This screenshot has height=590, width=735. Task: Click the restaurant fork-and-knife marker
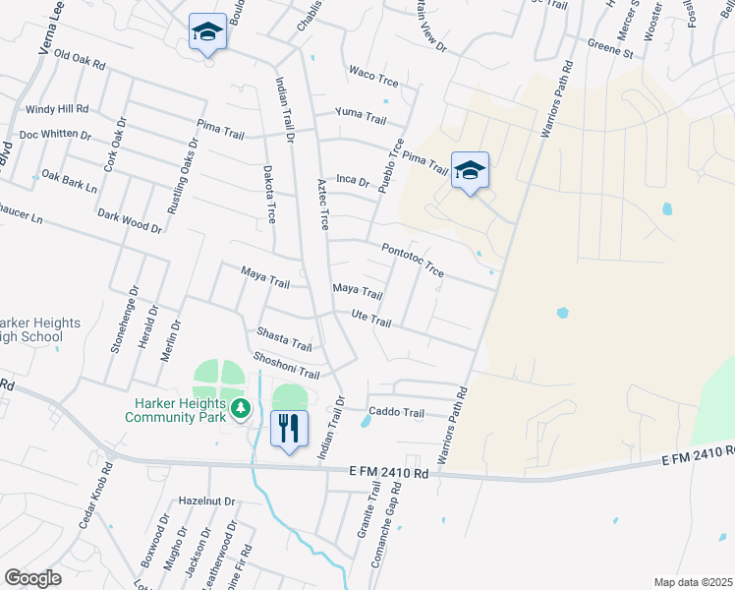point(289,429)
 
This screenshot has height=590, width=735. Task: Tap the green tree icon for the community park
point(239,408)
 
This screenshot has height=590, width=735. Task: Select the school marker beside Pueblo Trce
point(470,171)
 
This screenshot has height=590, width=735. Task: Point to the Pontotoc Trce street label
point(413,260)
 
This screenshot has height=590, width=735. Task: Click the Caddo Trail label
point(396,413)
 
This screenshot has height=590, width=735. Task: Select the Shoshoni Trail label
point(287,367)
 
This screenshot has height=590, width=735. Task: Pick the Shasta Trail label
point(284,340)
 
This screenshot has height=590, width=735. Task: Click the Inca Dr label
point(352,181)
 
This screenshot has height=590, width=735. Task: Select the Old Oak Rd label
point(79,60)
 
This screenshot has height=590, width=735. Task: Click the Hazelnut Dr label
point(207,501)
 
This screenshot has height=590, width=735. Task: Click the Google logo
point(33,578)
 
